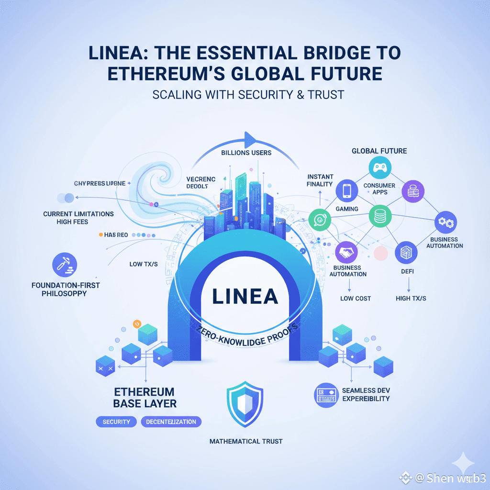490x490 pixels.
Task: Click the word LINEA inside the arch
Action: tap(245, 296)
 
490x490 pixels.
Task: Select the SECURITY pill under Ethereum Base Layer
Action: tap(116, 422)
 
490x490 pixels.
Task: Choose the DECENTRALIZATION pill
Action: tap(171, 422)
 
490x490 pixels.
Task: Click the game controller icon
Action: tap(380, 168)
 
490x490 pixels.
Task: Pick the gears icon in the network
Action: tap(445, 223)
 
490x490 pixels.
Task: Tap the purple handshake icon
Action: tap(346, 252)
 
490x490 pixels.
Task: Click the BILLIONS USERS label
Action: tap(246, 153)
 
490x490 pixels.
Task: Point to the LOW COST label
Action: tap(356, 299)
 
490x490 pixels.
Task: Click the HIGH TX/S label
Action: tap(411, 299)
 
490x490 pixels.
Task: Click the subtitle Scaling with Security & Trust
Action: tap(248, 94)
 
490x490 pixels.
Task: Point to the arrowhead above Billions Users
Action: tap(250, 140)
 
